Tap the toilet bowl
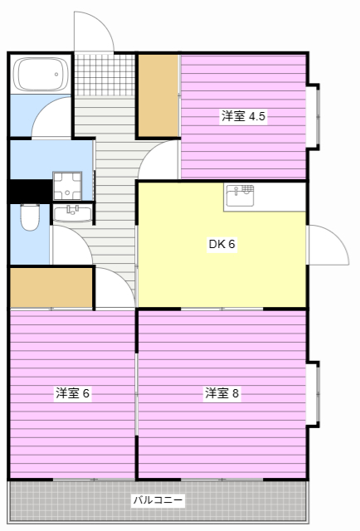[x=30, y=217]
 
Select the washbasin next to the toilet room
[x=71, y=214]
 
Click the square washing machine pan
[x=66, y=185]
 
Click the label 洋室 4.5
[x=243, y=117]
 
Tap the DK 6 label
[x=222, y=244]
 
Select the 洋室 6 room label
[x=72, y=392]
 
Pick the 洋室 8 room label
[x=222, y=392]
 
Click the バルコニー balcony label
[x=158, y=501]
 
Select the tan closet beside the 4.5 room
[x=158, y=95]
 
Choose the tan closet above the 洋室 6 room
[x=51, y=287]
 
